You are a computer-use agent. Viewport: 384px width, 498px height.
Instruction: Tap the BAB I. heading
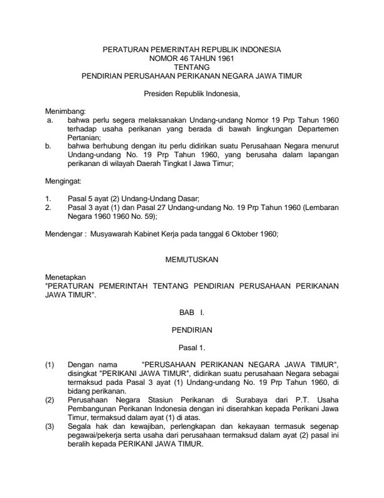point(191,311)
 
